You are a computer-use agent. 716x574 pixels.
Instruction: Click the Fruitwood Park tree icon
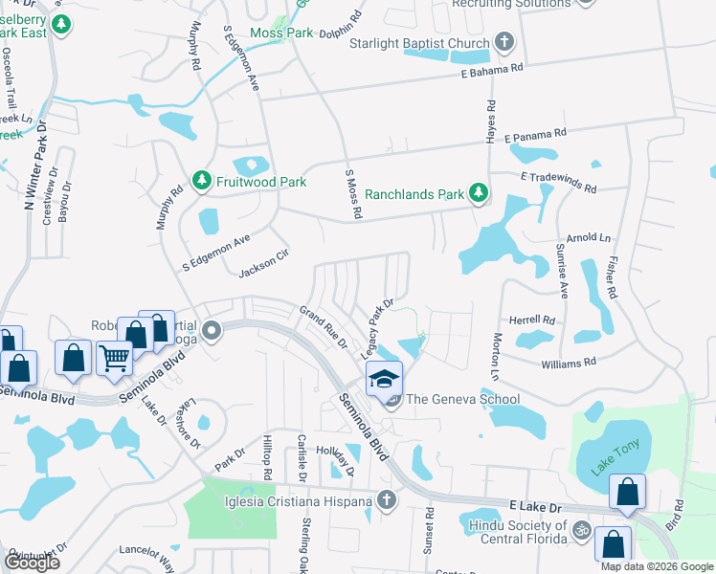201,180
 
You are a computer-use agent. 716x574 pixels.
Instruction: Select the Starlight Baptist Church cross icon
504,43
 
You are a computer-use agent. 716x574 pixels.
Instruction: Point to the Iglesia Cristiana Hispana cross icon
386,500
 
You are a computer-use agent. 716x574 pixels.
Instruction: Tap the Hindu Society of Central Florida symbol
580,529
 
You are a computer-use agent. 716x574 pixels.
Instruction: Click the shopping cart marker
114,358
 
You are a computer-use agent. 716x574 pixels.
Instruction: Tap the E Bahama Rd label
492,70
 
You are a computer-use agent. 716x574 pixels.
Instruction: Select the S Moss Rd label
352,194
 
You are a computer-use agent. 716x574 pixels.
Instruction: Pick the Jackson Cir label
263,263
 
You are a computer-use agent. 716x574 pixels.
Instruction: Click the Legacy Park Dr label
378,329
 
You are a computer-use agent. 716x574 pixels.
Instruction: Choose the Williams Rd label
568,363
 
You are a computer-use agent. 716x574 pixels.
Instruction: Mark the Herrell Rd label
532,320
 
